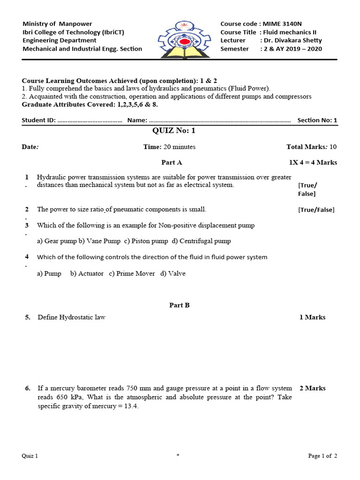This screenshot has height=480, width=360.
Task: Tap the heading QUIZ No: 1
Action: (173, 130)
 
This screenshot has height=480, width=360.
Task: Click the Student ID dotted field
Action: (90, 120)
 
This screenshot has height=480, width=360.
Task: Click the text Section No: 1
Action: (317, 120)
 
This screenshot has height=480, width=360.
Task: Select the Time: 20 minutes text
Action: (169, 147)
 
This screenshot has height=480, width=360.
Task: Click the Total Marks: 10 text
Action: (311, 147)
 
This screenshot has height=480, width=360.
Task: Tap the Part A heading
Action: (172, 163)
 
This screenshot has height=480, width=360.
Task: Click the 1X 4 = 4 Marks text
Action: (313, 163)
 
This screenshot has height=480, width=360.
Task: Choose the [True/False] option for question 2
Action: (316, 210)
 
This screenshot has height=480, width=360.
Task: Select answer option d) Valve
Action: (173, 273)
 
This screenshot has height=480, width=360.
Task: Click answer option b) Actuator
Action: (87, 273)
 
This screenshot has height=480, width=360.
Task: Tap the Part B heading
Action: (179, 305)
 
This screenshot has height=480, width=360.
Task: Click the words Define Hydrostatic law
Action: (71, 317)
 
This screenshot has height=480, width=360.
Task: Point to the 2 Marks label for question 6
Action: (312, 388)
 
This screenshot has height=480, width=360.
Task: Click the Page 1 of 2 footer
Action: (322, 456)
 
